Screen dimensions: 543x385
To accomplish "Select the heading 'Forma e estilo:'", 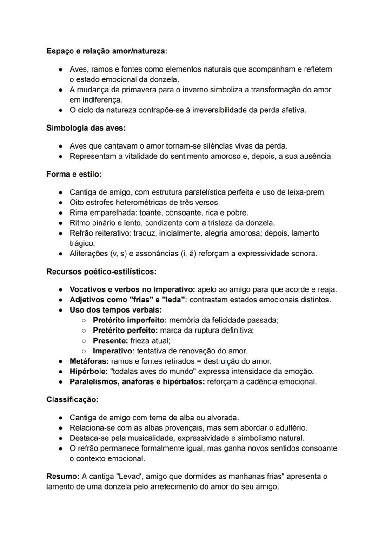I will point(74,174).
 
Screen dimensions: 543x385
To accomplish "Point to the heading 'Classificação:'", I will point(73,399).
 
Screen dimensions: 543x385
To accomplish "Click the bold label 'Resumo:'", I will point(63,477).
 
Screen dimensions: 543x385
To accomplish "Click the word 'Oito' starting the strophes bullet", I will point(77,202).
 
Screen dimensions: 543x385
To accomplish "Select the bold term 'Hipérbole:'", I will point(88,372).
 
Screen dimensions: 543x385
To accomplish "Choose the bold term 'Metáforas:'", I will point(88,361).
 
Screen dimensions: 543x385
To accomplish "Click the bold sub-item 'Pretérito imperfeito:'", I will point(130,320).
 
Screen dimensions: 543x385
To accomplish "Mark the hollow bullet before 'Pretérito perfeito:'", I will point(83,331).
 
